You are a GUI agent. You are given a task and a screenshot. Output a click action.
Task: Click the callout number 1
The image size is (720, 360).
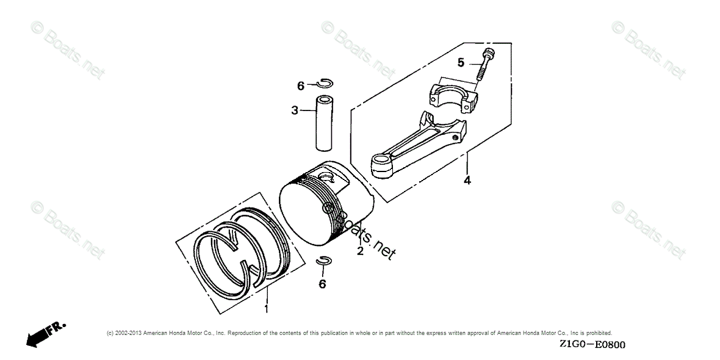point(266,309)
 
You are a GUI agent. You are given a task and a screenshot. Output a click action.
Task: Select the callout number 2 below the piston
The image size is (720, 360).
point(360,251)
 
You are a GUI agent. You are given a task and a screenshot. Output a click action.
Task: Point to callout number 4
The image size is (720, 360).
point(467,181)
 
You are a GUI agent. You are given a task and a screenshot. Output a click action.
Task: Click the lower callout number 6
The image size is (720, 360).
point(322,284)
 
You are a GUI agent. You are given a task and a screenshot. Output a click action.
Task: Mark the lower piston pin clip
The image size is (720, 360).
point(323,261)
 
